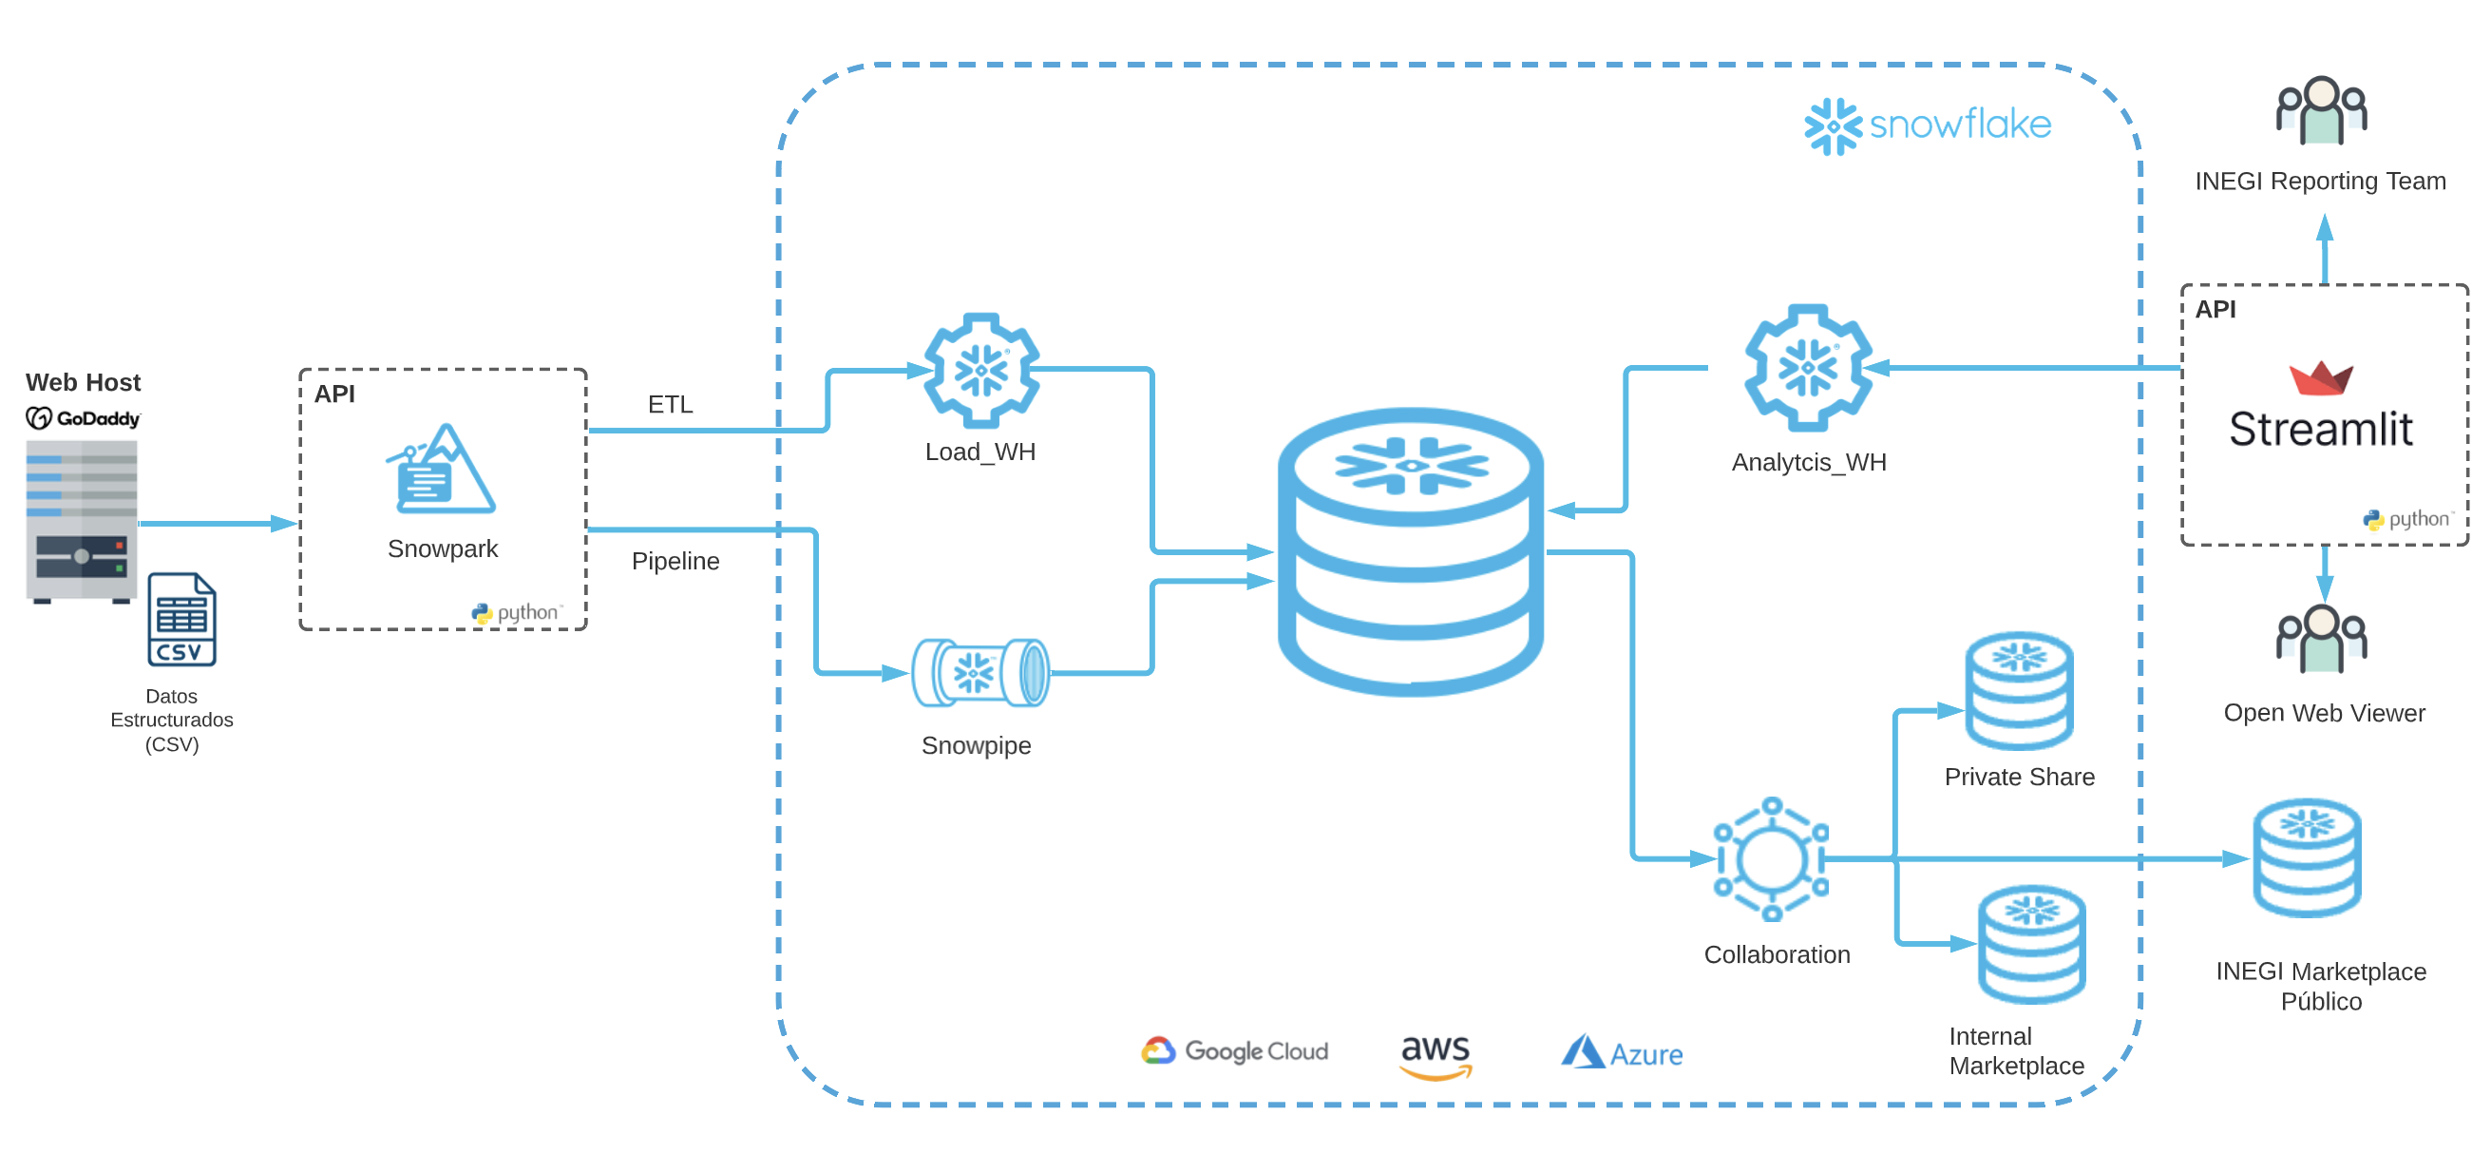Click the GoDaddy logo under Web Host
84,418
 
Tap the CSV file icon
181,620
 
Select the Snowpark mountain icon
442,471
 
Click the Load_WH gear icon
981,370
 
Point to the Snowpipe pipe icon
980,672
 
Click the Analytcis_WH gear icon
1807,368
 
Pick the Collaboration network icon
1771,858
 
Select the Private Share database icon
2018,691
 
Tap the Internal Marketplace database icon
2031,944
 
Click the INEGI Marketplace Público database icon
2307,858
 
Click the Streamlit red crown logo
2320,378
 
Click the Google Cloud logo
1235,1050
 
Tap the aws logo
1435,1054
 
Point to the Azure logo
1622,1052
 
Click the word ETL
670,404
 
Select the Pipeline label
675,561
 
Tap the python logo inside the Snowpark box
517,612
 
